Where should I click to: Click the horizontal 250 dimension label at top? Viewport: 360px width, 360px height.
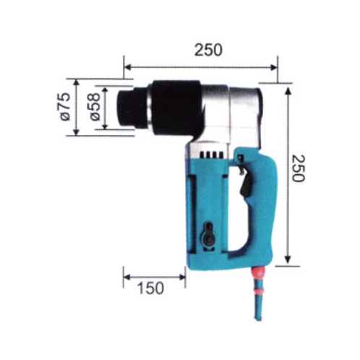[208, 50]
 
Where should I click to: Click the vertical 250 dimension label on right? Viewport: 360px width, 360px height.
[299, 168]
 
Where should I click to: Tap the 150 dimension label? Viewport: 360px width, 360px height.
[150, 288]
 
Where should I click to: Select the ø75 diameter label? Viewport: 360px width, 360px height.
[65, 107]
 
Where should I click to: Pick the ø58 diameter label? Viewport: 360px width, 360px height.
[95, 107]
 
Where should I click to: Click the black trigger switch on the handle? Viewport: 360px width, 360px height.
[246, 183]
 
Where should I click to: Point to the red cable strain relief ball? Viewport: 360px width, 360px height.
[258, 273]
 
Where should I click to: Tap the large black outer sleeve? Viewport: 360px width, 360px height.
[176, 110]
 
